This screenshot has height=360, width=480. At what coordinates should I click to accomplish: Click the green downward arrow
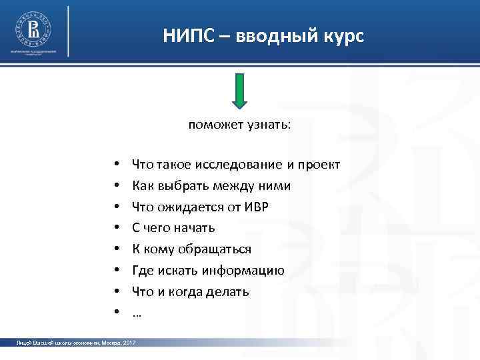[x=240, y=90]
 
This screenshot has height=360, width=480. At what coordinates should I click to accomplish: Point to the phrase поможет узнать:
[x=239, y=125]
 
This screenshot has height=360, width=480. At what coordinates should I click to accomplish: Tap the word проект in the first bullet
[x=319, y=164]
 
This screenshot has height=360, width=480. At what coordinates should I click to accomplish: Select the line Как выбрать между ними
[x=211, y=185]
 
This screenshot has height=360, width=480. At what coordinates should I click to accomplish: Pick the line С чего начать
[x=173, y=228]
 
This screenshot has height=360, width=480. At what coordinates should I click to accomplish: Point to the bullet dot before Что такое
[x=116, y=165]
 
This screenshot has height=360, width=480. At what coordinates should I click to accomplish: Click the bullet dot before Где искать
[x=116, y=271]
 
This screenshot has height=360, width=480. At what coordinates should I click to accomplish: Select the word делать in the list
[x=231, y=292]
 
